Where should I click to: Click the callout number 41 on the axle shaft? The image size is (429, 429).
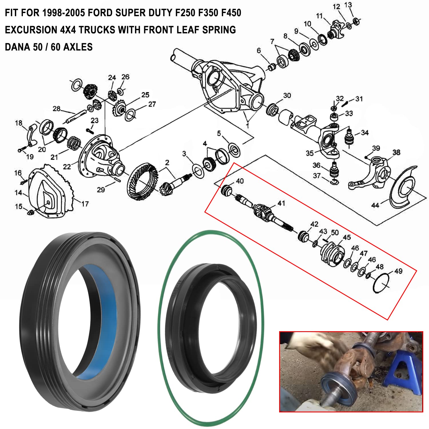point(281,203)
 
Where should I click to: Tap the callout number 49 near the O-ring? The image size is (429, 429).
point(398,271)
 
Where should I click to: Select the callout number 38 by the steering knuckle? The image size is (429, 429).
point(396,152)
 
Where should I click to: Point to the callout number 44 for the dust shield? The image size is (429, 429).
point(375,205)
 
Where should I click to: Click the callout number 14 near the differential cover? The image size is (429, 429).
point(18,193)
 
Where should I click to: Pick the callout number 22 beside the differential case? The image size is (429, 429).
point(67,166)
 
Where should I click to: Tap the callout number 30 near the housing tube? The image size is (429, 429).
point(287,96)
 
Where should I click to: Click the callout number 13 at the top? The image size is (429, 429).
point(348,5)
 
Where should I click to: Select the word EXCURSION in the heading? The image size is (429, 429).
point(31,30)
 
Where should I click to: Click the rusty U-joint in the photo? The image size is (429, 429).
point(356,362)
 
